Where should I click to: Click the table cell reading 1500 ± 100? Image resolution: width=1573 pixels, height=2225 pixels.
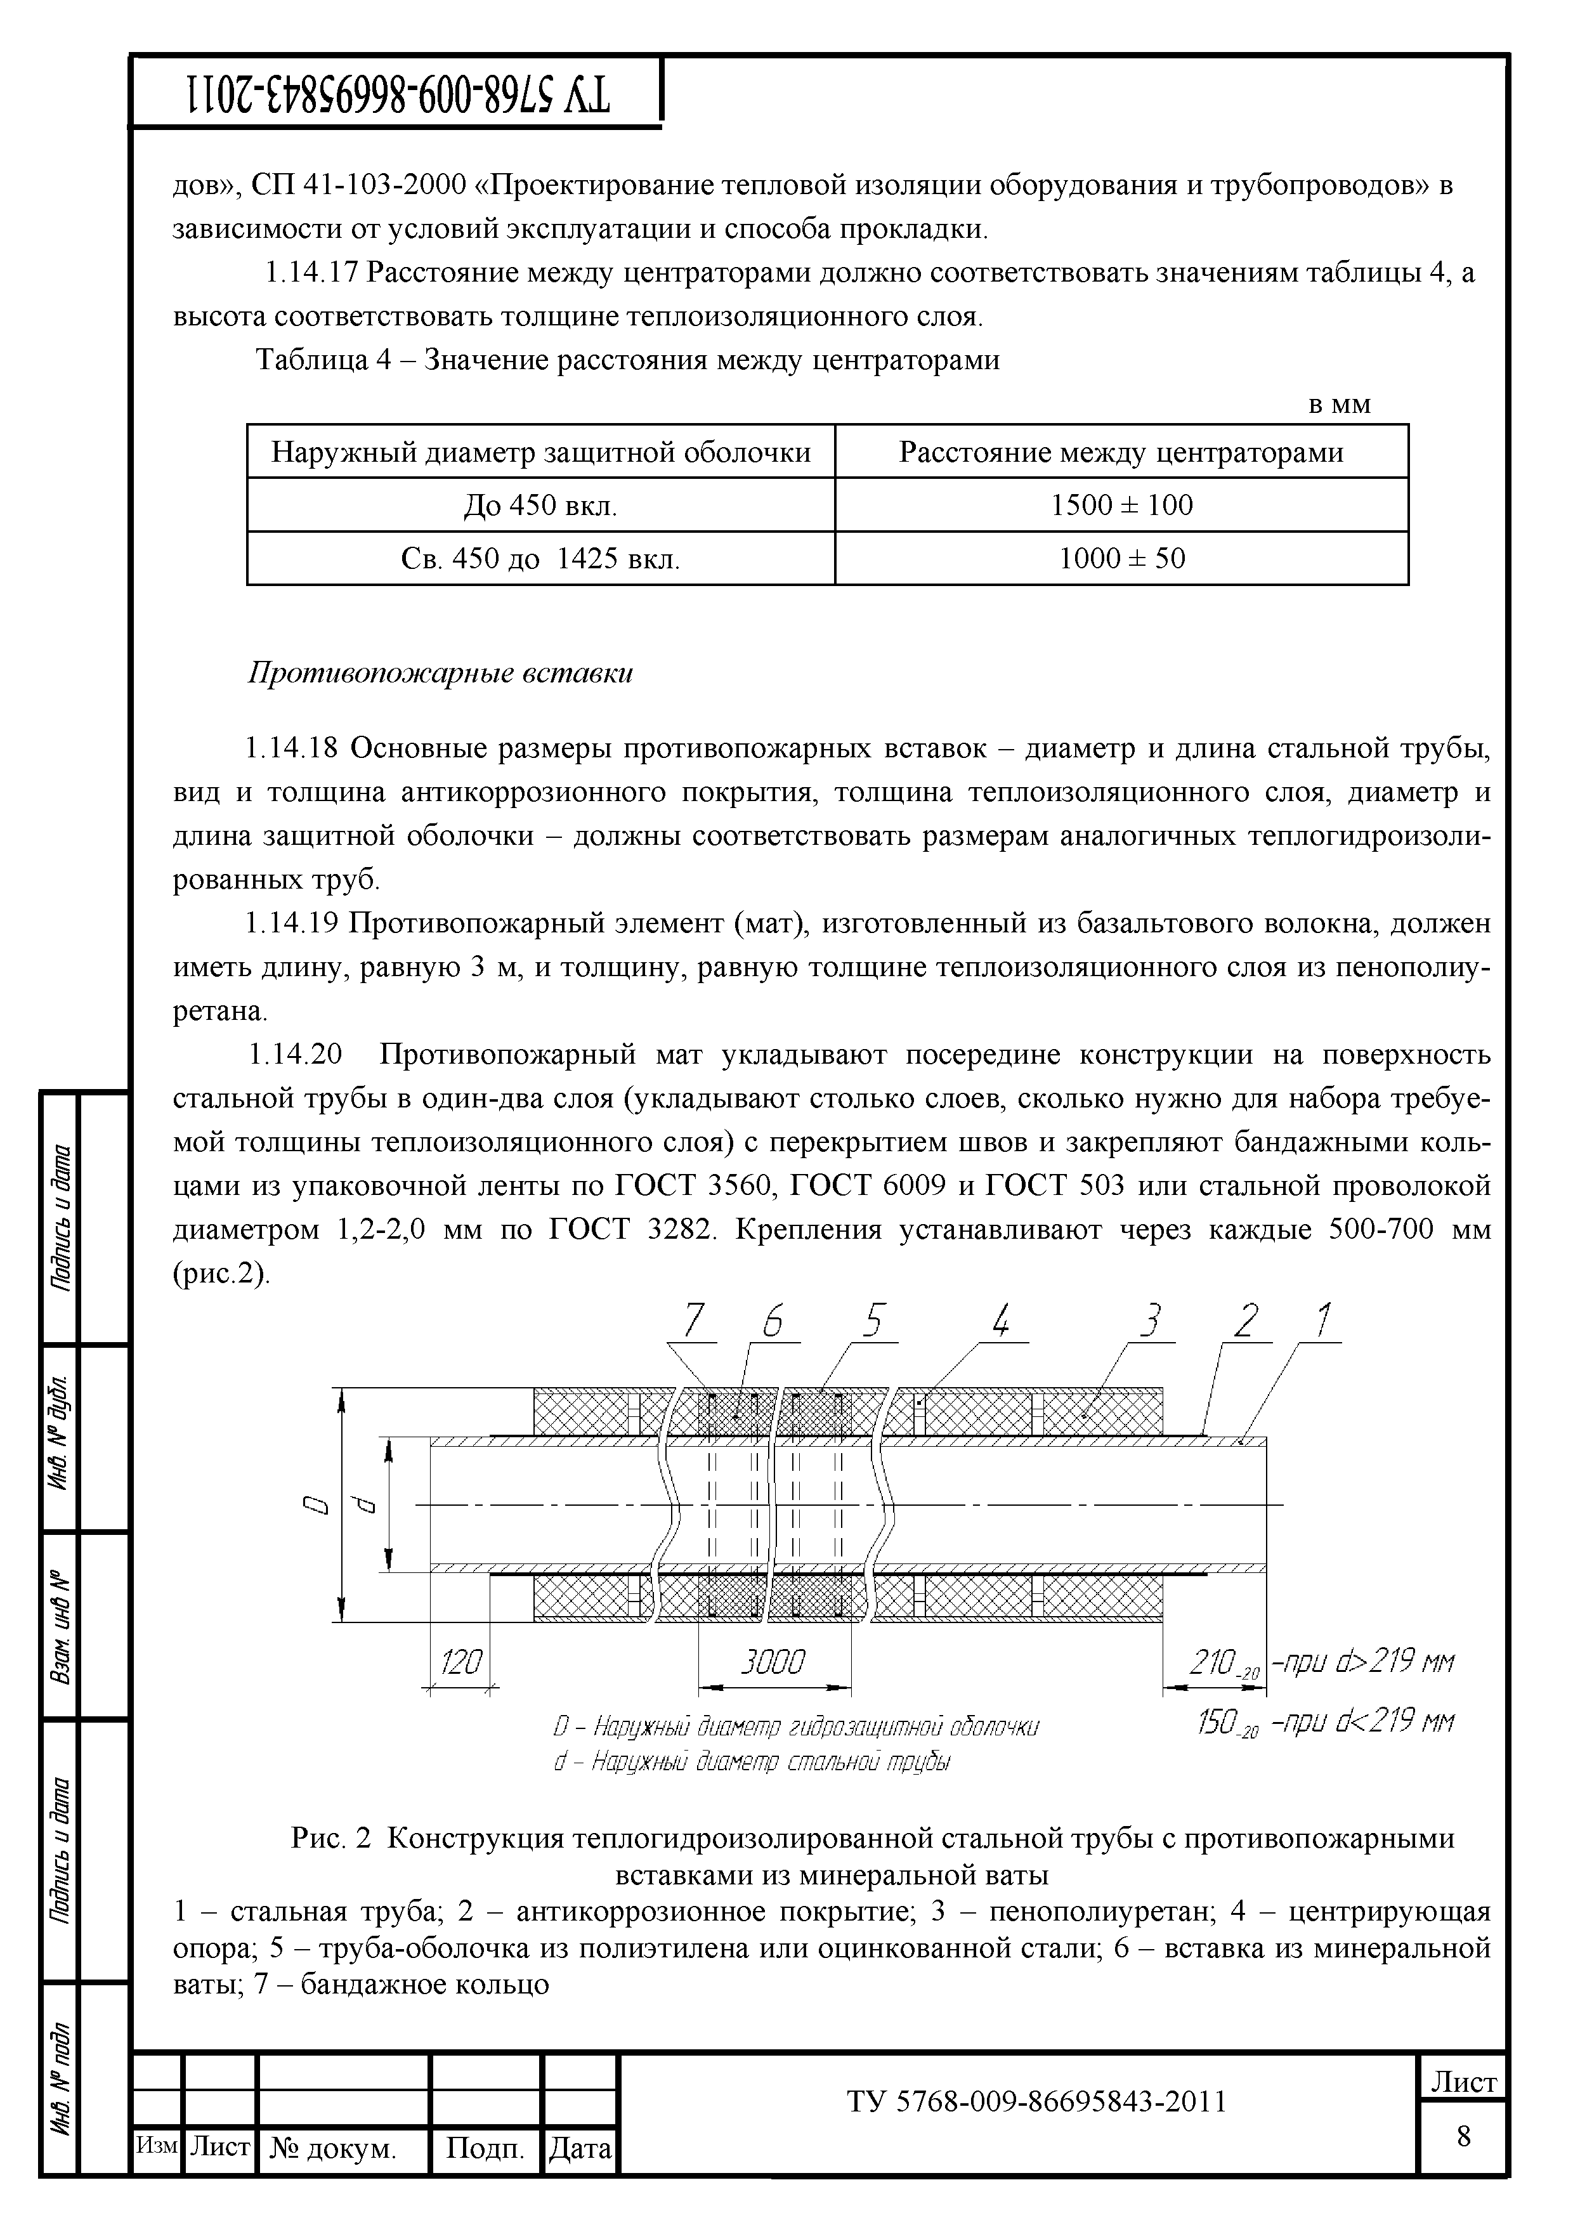(x=1121, y=505)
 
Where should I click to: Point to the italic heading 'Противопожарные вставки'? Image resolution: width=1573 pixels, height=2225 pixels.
(x=441, y=674)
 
